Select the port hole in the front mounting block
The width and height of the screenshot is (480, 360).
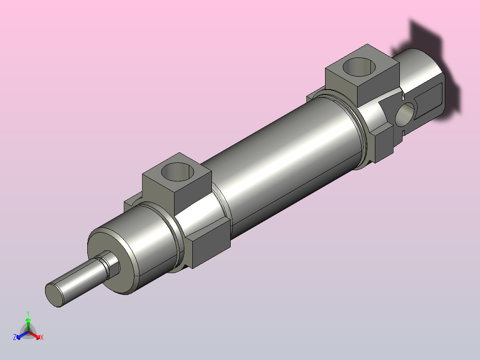pyautogui.click(x=178, y=172)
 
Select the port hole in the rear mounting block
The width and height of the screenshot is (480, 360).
pyautogui.click(x=359, y=67)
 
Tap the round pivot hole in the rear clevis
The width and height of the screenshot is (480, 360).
pyautogui.click(x=405, y=115)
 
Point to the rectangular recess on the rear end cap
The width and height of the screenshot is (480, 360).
pyautogui.click(x=428, y=100)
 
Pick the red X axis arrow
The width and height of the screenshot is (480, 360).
pyautogui.click(x=34, y=335)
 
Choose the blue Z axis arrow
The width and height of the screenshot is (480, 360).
pyautogui.click(x=22, y=335)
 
